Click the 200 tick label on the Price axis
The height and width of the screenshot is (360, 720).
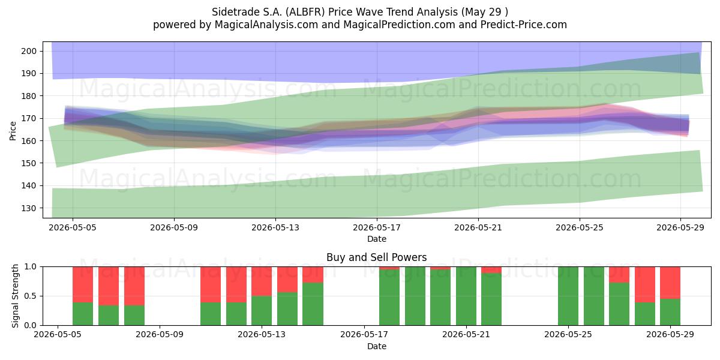[x=29, y=51]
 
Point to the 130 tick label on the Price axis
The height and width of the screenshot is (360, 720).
[x=29, y=208]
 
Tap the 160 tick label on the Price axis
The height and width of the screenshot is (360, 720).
[x=29, y=141]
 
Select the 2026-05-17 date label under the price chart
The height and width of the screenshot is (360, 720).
[x=377, y=227]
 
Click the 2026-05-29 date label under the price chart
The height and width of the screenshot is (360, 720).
[x=680, y=227]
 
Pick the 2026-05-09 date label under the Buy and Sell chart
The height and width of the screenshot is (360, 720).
[x=160, y=334]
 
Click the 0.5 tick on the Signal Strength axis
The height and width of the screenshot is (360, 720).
[x=31, y=296]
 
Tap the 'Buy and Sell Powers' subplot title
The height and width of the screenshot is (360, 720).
[x=376, y=257]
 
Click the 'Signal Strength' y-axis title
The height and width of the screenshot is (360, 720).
[x=15, y=296]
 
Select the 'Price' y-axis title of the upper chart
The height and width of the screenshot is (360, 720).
[x=13, y=131]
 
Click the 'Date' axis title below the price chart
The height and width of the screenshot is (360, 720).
[x=377, y=239]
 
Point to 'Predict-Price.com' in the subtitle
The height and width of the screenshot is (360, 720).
[x=524, y=25]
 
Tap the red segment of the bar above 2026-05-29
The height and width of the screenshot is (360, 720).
[x=670, y=283]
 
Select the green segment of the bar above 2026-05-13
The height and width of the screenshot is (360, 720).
[x=262, y=311]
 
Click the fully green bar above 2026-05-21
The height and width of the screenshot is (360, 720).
[x=466, y=296]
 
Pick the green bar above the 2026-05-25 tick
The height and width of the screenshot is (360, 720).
[x=568, y=296]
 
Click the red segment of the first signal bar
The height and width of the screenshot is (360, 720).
[x=83, y=284]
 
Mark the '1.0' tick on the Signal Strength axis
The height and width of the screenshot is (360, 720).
[x=31, y=267]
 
